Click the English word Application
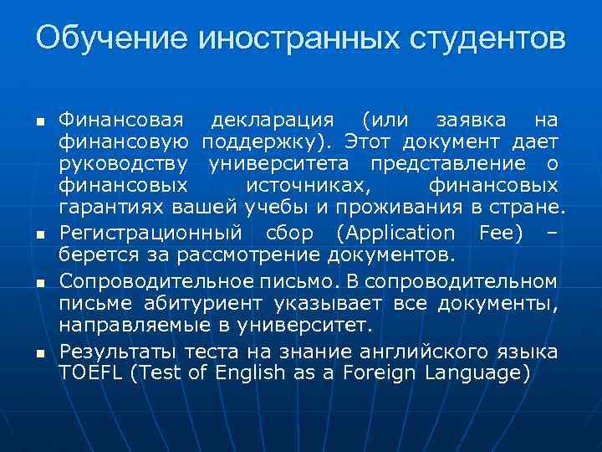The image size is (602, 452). [403, 232]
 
